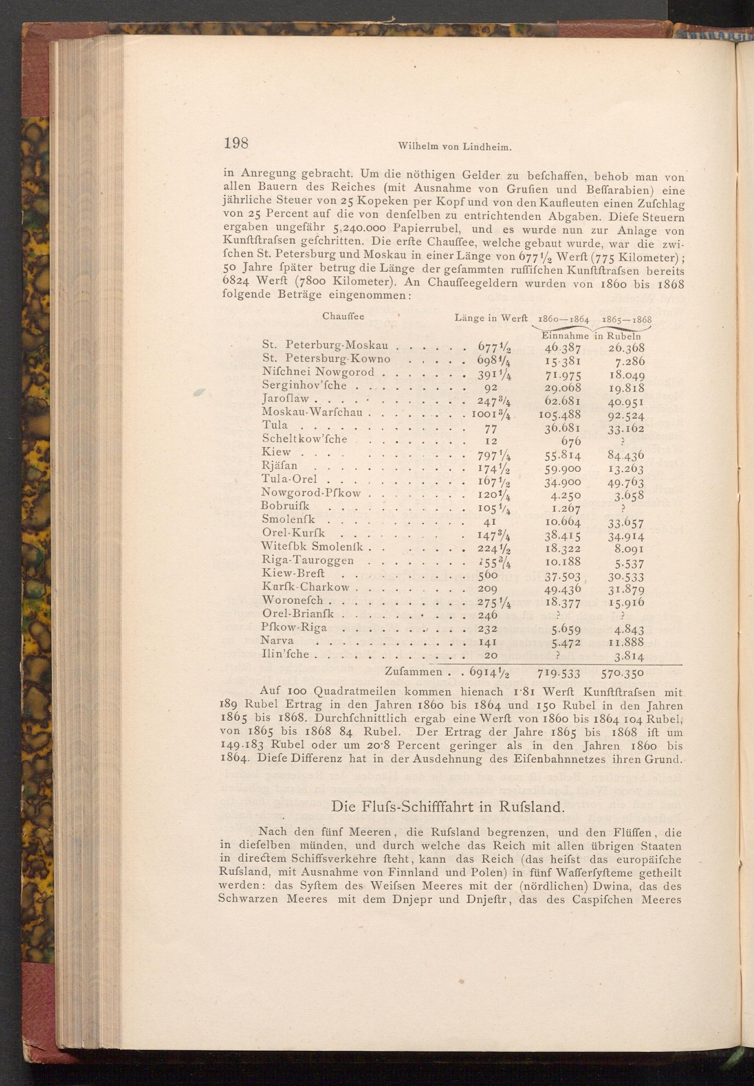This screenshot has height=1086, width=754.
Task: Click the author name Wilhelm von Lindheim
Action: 455,147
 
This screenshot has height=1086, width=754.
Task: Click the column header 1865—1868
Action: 624,319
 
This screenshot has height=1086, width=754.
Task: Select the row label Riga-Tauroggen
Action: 308,561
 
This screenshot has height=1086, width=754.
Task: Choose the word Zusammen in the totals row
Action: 414,671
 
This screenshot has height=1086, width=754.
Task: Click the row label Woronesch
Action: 293,600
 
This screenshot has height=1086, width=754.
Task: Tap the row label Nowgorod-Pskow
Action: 312,493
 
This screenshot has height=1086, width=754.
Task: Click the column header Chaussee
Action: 343,316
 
